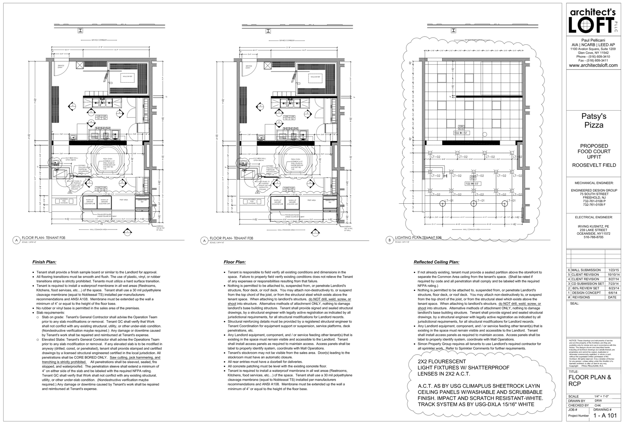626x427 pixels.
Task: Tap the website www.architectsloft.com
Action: coord(593,65)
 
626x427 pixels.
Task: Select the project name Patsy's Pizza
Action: coord(594,121)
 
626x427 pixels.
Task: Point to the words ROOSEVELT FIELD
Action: coord(594,165)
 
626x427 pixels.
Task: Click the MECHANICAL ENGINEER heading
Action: coord(594,183)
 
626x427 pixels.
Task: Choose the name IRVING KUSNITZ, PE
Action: coord(593,226)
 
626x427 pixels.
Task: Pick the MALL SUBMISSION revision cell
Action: coord(586,270)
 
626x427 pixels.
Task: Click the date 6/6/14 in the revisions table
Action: coord(612,293)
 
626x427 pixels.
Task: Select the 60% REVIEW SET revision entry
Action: coord(586,288)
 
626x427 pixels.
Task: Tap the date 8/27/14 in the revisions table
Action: coord(612,279)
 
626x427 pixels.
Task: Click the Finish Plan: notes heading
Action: coord(44,262)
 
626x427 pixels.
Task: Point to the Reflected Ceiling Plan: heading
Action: coord(436,262)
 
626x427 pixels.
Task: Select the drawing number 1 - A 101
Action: coord(605,416)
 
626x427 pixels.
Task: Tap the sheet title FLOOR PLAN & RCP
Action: coord(590,381)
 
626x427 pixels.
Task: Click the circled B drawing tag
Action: coord(389,240)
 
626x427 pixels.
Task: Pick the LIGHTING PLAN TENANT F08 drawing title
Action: coord(418,238)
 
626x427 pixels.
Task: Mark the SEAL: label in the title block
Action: coord(574,304)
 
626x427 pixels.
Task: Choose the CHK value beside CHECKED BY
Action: coord(598,405)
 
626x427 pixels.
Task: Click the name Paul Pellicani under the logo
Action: coord(593,40)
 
